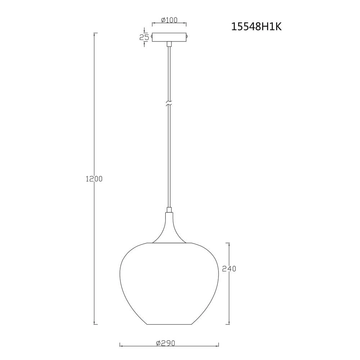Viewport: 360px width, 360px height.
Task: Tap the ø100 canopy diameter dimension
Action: [169, 20]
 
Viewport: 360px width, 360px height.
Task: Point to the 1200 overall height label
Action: [94, 179]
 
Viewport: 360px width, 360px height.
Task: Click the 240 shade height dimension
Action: [229, 269]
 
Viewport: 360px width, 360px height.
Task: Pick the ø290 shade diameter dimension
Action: [166, 343]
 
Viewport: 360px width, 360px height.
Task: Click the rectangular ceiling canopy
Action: [169, 37]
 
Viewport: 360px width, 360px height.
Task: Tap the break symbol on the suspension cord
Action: [169, 104]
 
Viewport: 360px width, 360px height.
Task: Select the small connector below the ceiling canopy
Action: [169, 44]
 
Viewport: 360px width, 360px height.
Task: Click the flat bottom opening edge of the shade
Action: [169, 324]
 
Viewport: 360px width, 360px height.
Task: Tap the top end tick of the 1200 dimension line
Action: [95, 33]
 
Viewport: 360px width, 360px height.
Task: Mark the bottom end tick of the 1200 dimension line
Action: [95, 324]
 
